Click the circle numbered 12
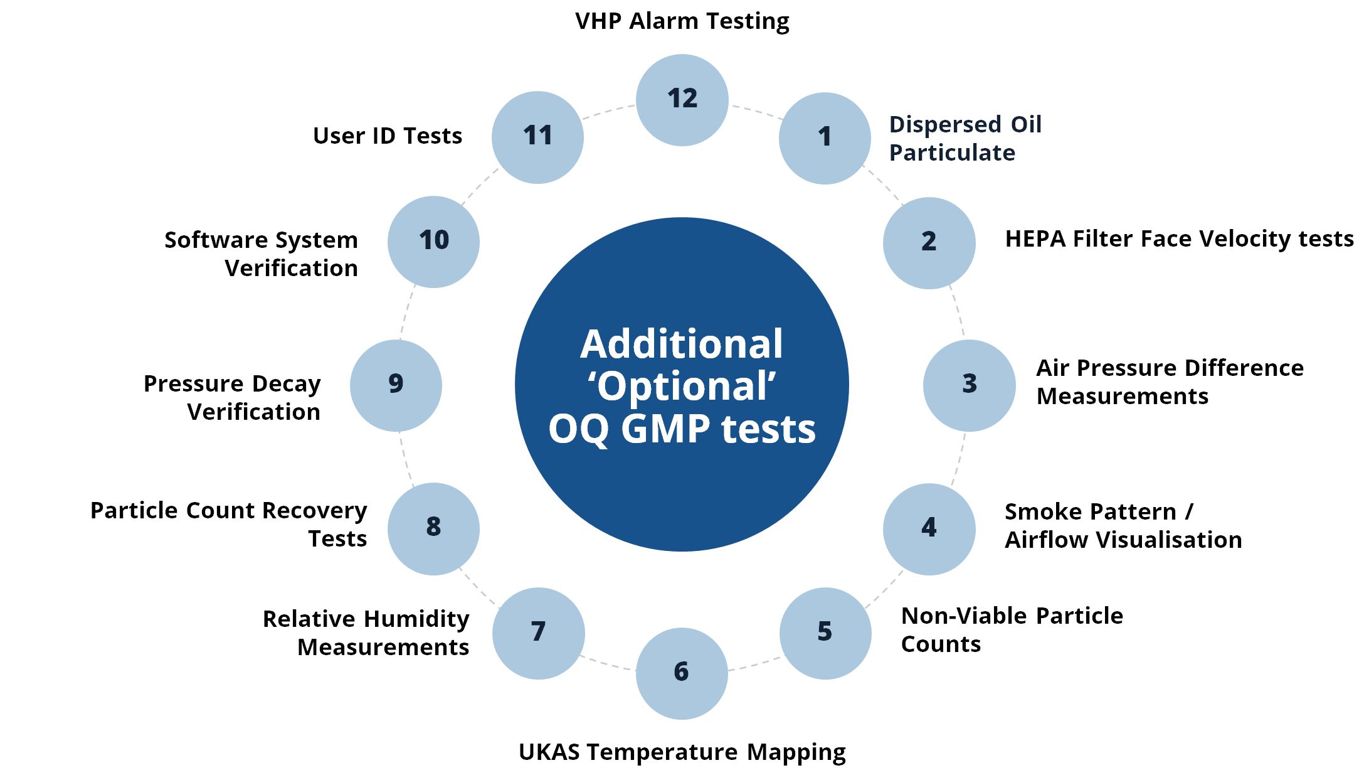click(682, 100)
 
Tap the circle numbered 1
click(825, 138)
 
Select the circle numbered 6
click(682, 673)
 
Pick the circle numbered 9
click(396, 385)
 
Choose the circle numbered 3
click(970, 385)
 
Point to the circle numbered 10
click(433, 242)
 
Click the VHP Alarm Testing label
click(682, 21)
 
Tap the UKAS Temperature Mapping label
click(682, 752)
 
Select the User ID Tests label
click(388, 136)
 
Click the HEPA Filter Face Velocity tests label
click(1180, 239)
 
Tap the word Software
click(216, 240)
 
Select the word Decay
click(286, 384)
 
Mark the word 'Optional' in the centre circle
click(682, 387)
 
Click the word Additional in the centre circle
click(682, 344)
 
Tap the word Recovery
click(314, 511)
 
